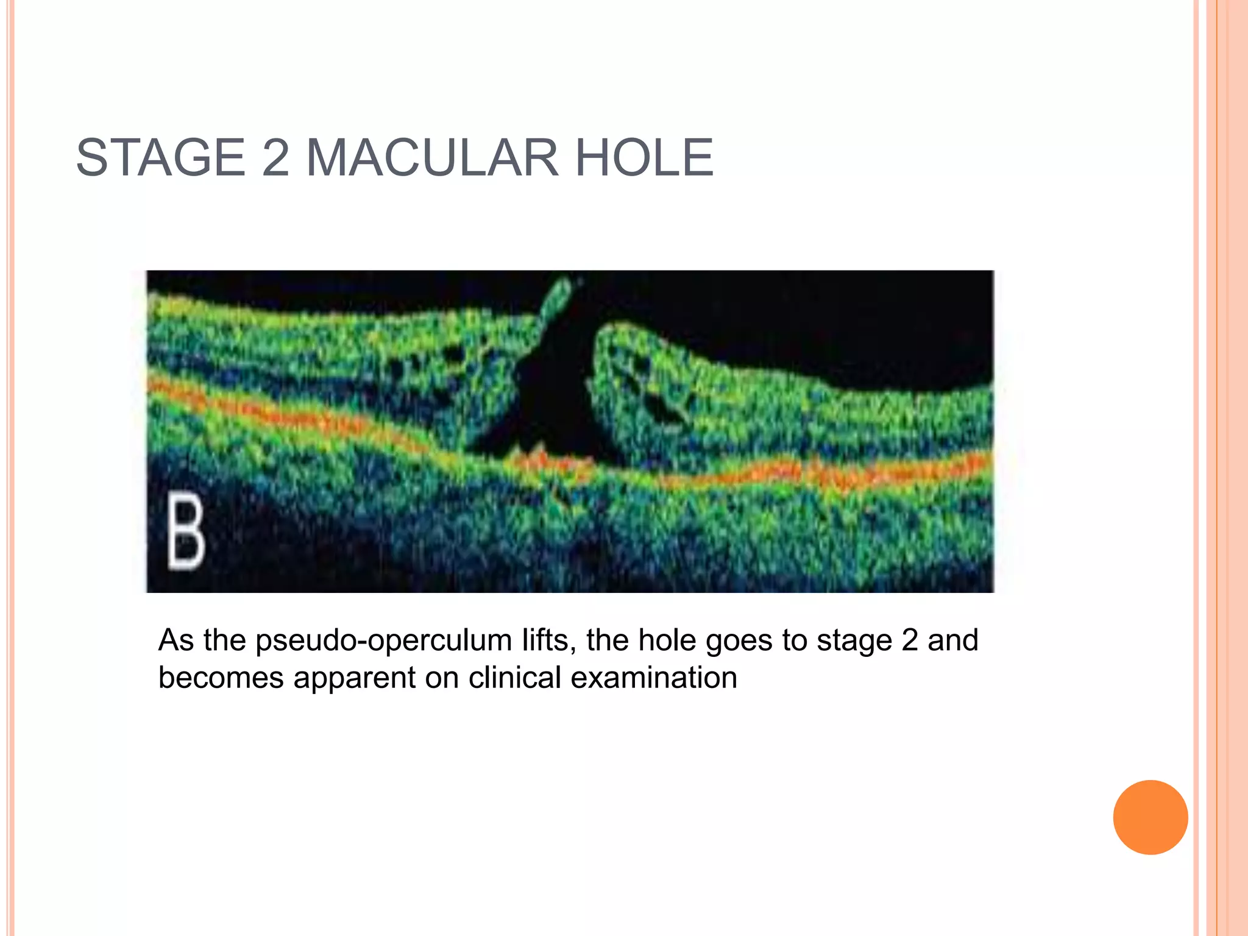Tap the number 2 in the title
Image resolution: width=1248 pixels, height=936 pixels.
pos(275,158)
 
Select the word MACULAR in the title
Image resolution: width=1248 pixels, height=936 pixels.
pos(432,158)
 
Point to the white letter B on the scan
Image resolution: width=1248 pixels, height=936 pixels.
pos(186,532)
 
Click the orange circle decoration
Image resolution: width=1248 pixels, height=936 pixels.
pos(1150,817)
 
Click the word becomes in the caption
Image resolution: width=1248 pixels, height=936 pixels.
pos(221,678)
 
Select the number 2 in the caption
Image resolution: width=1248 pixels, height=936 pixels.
pos(909,640)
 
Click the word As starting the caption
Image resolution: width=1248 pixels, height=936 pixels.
pos(175,640)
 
